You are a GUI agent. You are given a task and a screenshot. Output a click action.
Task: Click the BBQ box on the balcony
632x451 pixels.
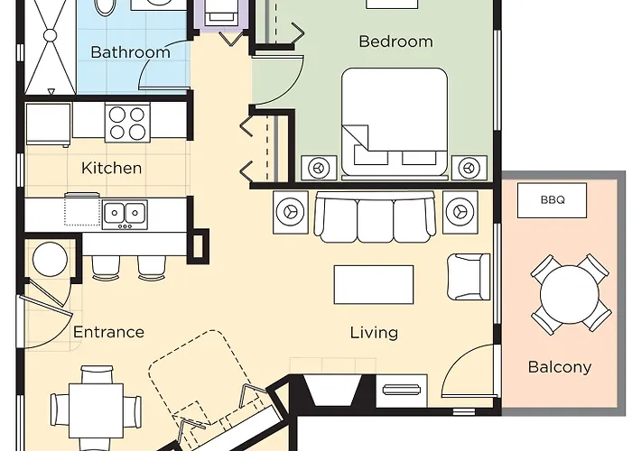pyautogui.click(x=552, y=200)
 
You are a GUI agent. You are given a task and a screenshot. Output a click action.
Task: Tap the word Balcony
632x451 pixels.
pyautogui.click(x=560, y=367)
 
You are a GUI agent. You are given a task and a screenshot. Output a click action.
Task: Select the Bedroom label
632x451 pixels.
pyautogui.click(x=395, y=41)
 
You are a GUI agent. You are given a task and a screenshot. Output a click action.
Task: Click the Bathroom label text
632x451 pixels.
pyautogui.click(x=130, y=52)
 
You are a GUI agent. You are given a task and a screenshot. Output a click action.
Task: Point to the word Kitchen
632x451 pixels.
pyautogui.click(x=111, y=168)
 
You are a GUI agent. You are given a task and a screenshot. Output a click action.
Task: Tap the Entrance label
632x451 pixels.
pyautogui.click(x=108, y=332)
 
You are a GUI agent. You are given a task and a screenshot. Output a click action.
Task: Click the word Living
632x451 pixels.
pyautogui.click(x=374, y=333)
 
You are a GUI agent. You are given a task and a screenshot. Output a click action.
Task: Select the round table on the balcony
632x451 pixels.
pyautogui.click(x=569, y=294)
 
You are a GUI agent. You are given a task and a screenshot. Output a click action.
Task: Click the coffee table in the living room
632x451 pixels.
pyautogui.click(x=374, y=285)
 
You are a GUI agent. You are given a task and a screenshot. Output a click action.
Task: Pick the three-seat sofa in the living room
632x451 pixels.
pyautogui.click(x=375, y=217)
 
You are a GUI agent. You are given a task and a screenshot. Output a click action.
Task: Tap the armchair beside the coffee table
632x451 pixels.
pyautogui.click(x=469, y=277)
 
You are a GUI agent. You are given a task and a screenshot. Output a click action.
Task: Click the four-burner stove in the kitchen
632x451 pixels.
pyautogui.click(x=127, y=123)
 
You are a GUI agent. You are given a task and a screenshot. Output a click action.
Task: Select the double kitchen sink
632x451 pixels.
pyautogui.click(x=125, y=214)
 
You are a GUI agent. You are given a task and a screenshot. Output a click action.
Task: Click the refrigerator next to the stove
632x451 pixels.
pyautogui.click(x=48, y=124)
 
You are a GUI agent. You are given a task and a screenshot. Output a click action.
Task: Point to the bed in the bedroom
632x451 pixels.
pyautogui.click(x=395, y=122)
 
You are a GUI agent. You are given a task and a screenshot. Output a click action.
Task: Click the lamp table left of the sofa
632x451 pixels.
pyautogui.click(x=290, y=212)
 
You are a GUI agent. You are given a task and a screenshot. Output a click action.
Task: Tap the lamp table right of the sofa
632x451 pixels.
pyautogui.click(x=460, y=212)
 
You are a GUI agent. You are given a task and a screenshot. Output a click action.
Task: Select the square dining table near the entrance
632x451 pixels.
pyautogui.click(x=96, y=410)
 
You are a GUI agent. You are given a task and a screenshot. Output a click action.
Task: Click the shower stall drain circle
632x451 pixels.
pyautogui.click(x=51, y=35)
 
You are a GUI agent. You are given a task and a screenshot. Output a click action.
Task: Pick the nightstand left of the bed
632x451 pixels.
pyautogui.click(x=319, y=167)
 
